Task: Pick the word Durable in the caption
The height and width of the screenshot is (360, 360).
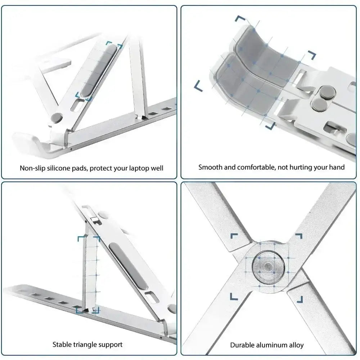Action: (242, 345)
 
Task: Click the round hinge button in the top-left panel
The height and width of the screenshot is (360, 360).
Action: (56, 118)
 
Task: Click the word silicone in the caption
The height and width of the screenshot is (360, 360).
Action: (60, 168)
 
